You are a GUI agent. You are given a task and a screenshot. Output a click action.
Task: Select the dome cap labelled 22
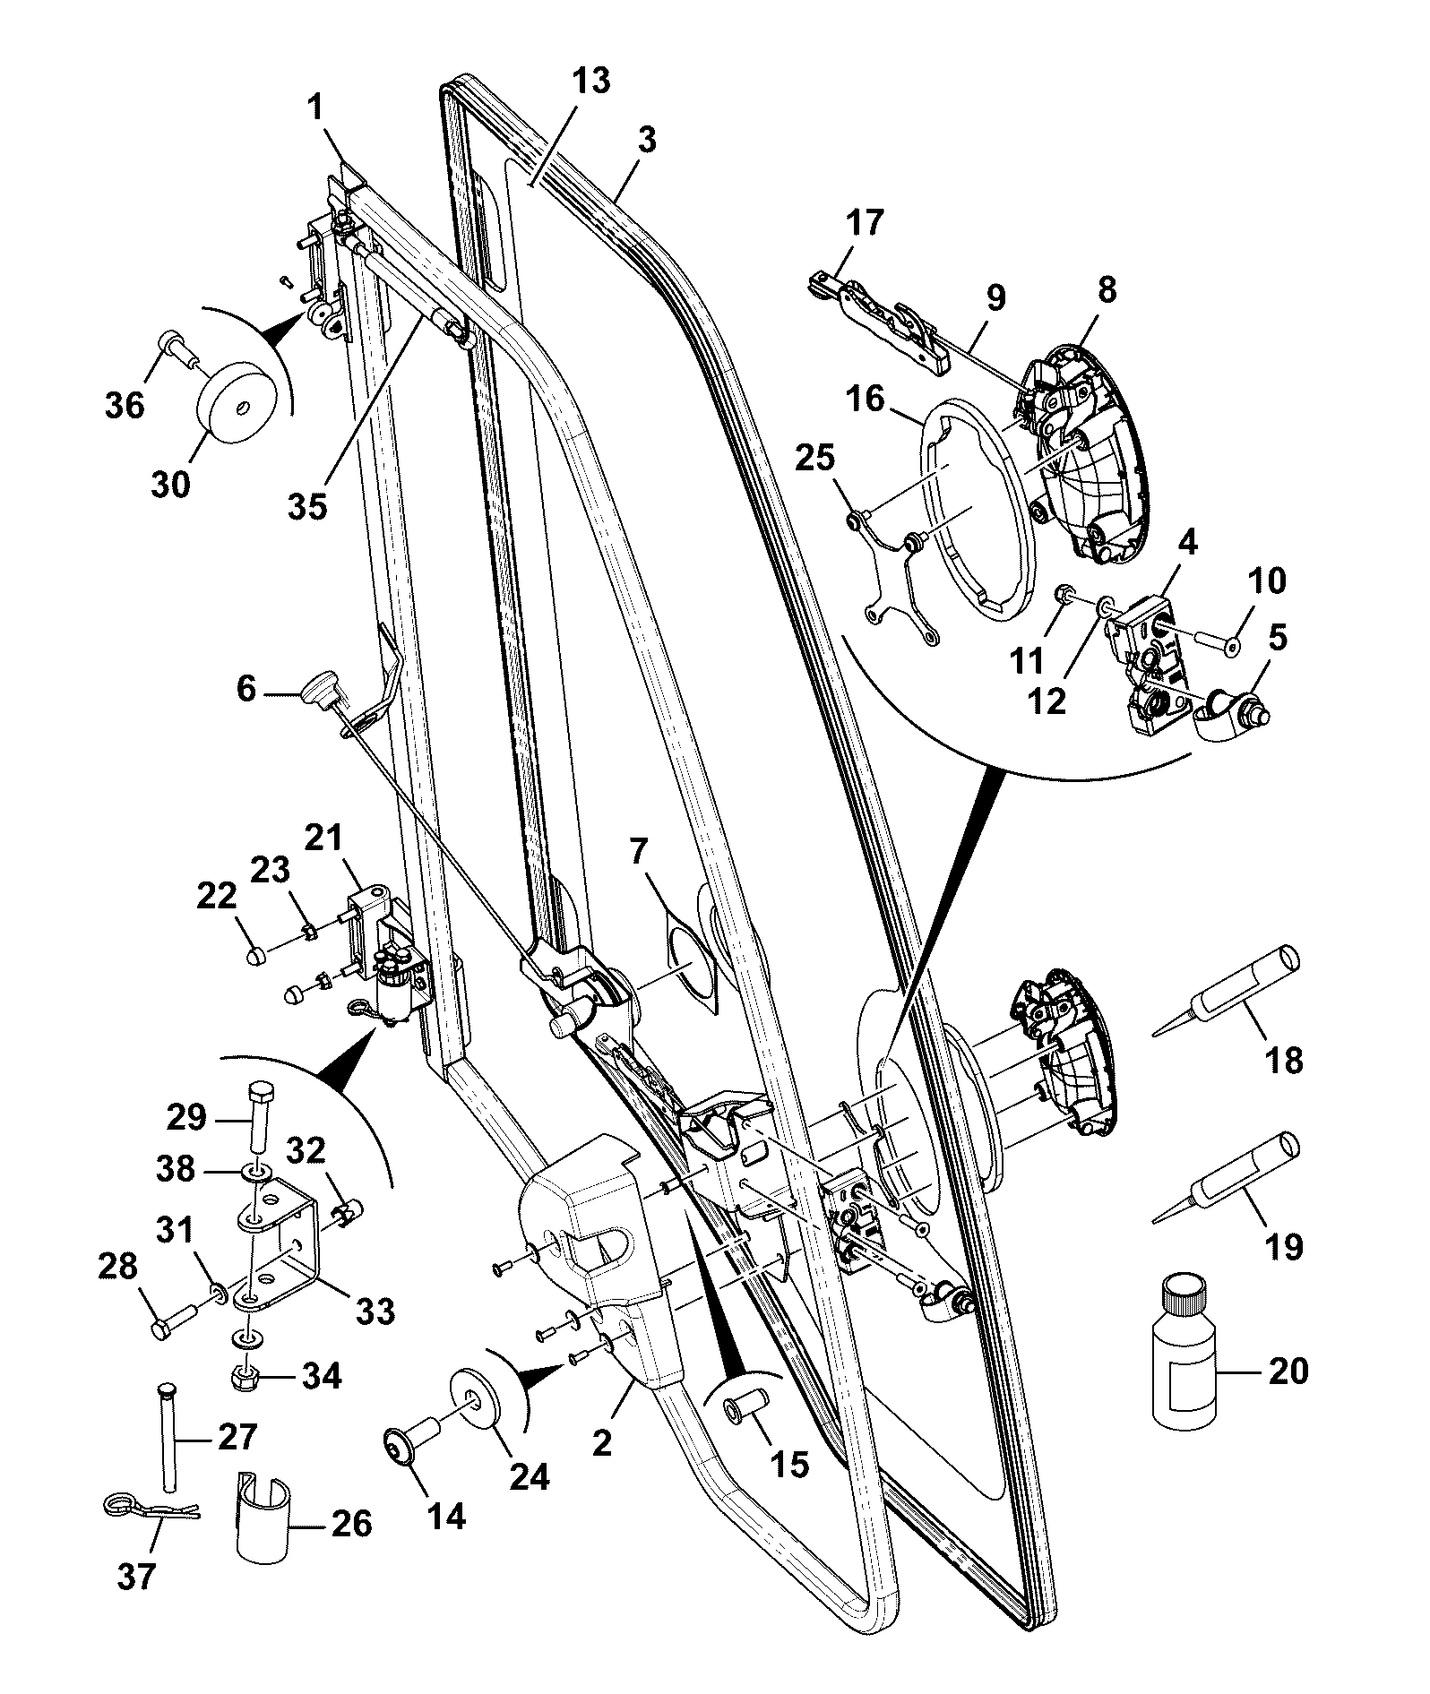(255, 955)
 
